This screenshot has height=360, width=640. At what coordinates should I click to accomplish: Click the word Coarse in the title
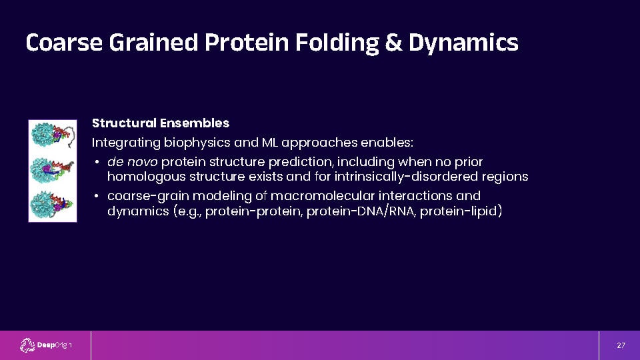[x=64, y=43]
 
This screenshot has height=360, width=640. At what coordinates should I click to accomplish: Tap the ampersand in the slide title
[x=393, y=43]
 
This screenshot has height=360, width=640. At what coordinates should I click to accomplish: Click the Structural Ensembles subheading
[x=161, y=123]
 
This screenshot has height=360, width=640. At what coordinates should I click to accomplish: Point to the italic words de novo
[x=132, y=162]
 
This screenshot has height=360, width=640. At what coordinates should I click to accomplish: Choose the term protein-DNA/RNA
[x=361, y=211]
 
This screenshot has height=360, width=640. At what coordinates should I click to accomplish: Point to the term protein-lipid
[x=459, y=211]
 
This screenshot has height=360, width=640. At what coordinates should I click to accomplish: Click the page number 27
[x=621, y=345]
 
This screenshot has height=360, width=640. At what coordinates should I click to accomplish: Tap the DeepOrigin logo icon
[x=27, y=345]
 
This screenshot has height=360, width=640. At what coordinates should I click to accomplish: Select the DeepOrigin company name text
[x=55, y=345]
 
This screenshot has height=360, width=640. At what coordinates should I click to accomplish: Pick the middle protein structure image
[x=52, y=170]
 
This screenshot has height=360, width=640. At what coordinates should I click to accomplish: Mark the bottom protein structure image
[x=52, y=205]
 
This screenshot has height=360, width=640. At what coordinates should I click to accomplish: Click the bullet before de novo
[x=97, y=163]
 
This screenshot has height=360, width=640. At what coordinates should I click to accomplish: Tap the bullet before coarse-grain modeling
[x=97, y=196]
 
